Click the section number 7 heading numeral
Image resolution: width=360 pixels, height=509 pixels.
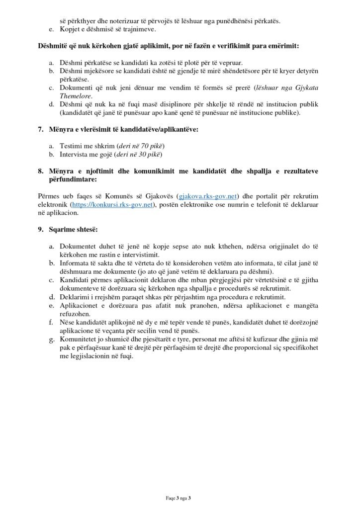pos(41,130)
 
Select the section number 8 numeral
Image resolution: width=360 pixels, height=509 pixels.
pos(41,171)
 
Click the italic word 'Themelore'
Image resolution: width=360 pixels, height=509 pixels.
pos(75,96)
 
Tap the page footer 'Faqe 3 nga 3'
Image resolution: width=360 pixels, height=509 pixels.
pos(180,498)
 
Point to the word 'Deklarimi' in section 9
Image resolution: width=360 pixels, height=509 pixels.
pos(76,297)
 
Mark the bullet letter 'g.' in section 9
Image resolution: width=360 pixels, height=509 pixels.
pos(52,340)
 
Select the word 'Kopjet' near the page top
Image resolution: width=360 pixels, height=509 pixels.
pos(70,29)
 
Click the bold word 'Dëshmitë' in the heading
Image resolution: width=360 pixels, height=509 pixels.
pos(53,46)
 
